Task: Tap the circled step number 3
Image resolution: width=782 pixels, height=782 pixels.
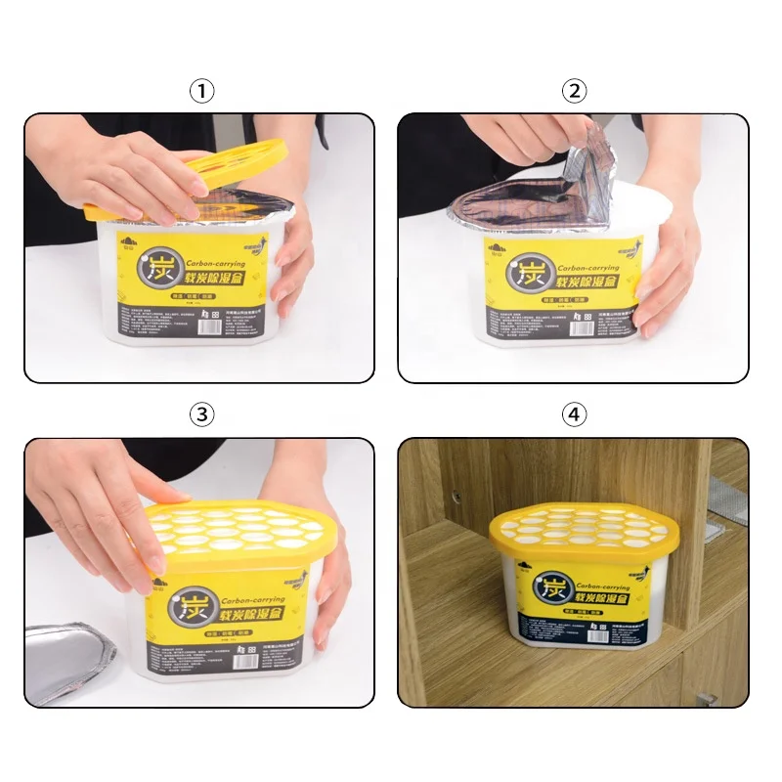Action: click(201, 414)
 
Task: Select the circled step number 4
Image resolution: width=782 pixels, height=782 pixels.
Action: click(574, 414)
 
